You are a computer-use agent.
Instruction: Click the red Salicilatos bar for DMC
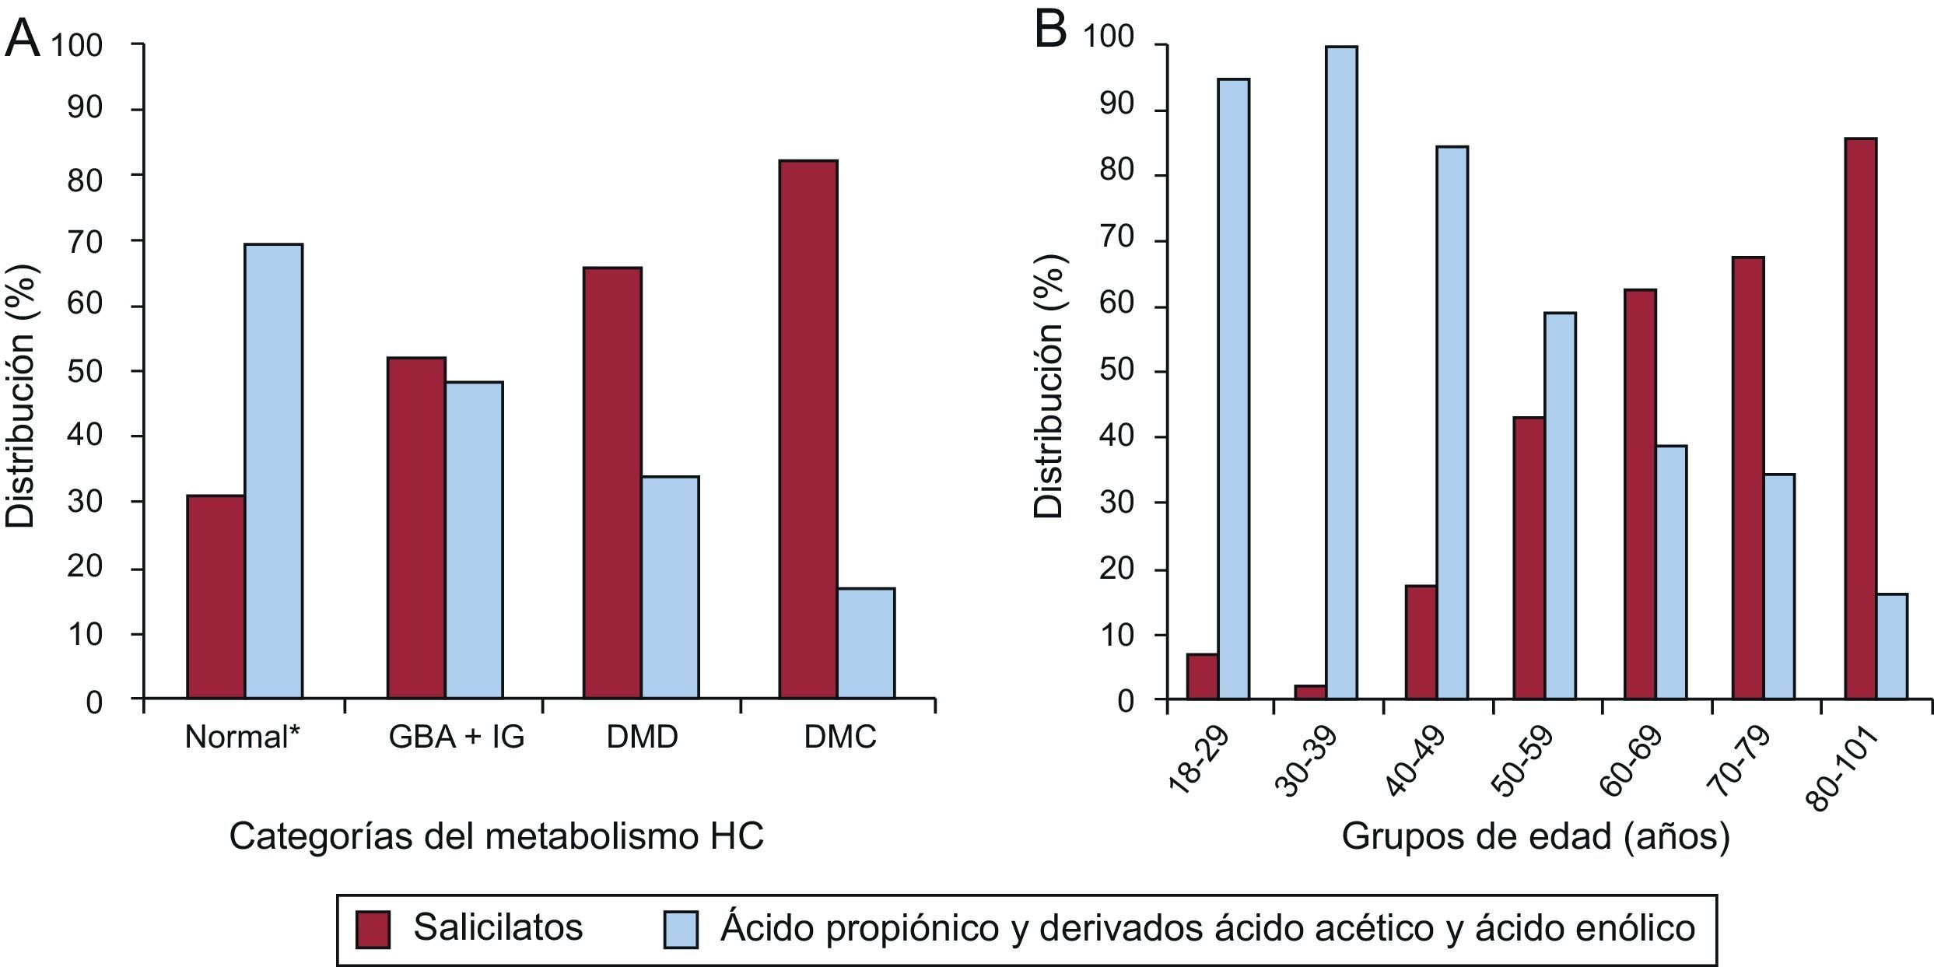808,429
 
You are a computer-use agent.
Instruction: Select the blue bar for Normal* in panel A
273,471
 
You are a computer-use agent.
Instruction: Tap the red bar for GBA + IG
416,527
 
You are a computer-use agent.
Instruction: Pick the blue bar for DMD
670,587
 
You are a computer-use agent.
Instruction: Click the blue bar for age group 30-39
1341,373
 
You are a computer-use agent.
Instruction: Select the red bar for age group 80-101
1861,419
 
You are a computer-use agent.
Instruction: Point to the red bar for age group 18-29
1202,677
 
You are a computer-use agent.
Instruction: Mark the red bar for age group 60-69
1641,494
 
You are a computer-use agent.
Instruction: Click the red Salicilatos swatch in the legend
373,930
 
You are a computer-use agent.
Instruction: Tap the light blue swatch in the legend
681,930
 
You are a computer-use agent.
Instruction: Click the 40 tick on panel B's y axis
1118,437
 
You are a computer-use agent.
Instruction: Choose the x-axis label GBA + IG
457,737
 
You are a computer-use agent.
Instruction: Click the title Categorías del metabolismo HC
496,837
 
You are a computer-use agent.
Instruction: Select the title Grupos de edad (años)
1535,837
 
